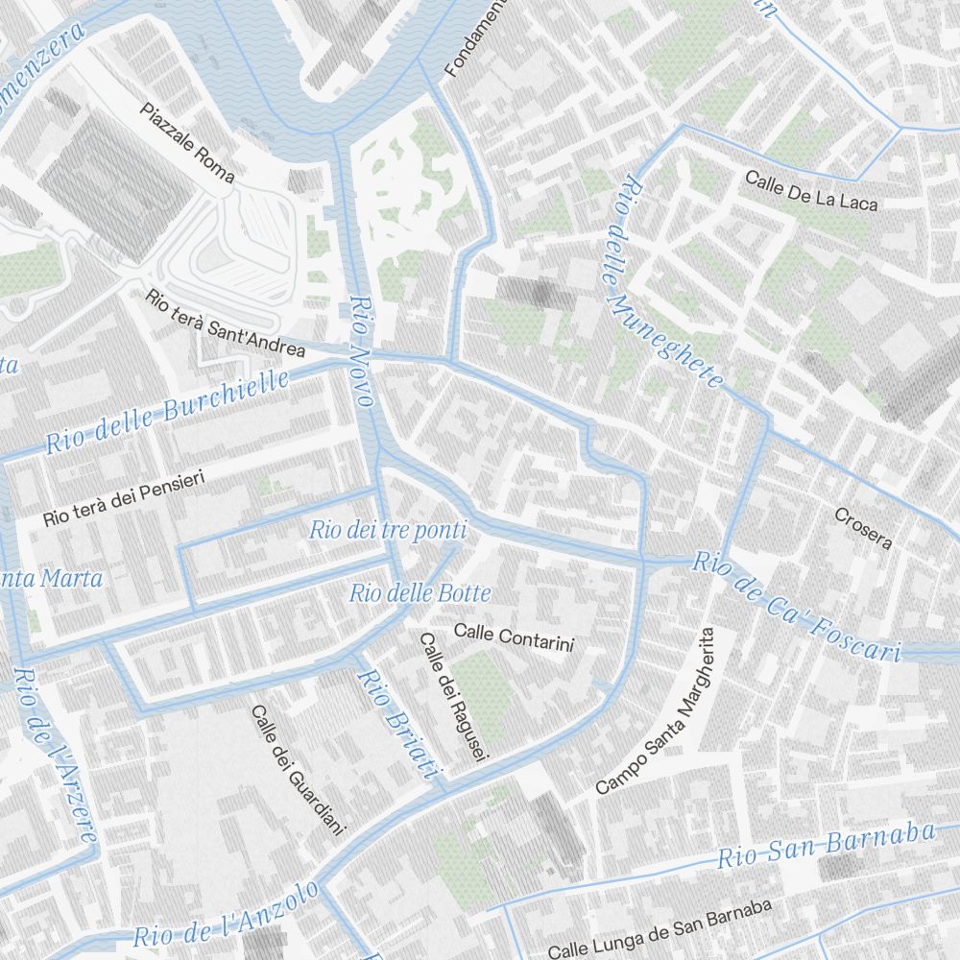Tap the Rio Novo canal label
click(x=361, y=351)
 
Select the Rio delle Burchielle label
click(x=167, y=412)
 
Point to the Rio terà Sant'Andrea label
click(x=226, y=323)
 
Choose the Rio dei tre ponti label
click(x=388, y=530)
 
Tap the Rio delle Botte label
click(x=420, y=593)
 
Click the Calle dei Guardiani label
click(x=297, y=769)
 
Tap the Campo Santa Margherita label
click(x=657, y=710)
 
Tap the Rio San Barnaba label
click(x=827, y=845)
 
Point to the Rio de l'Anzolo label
click(x=226, y=916)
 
